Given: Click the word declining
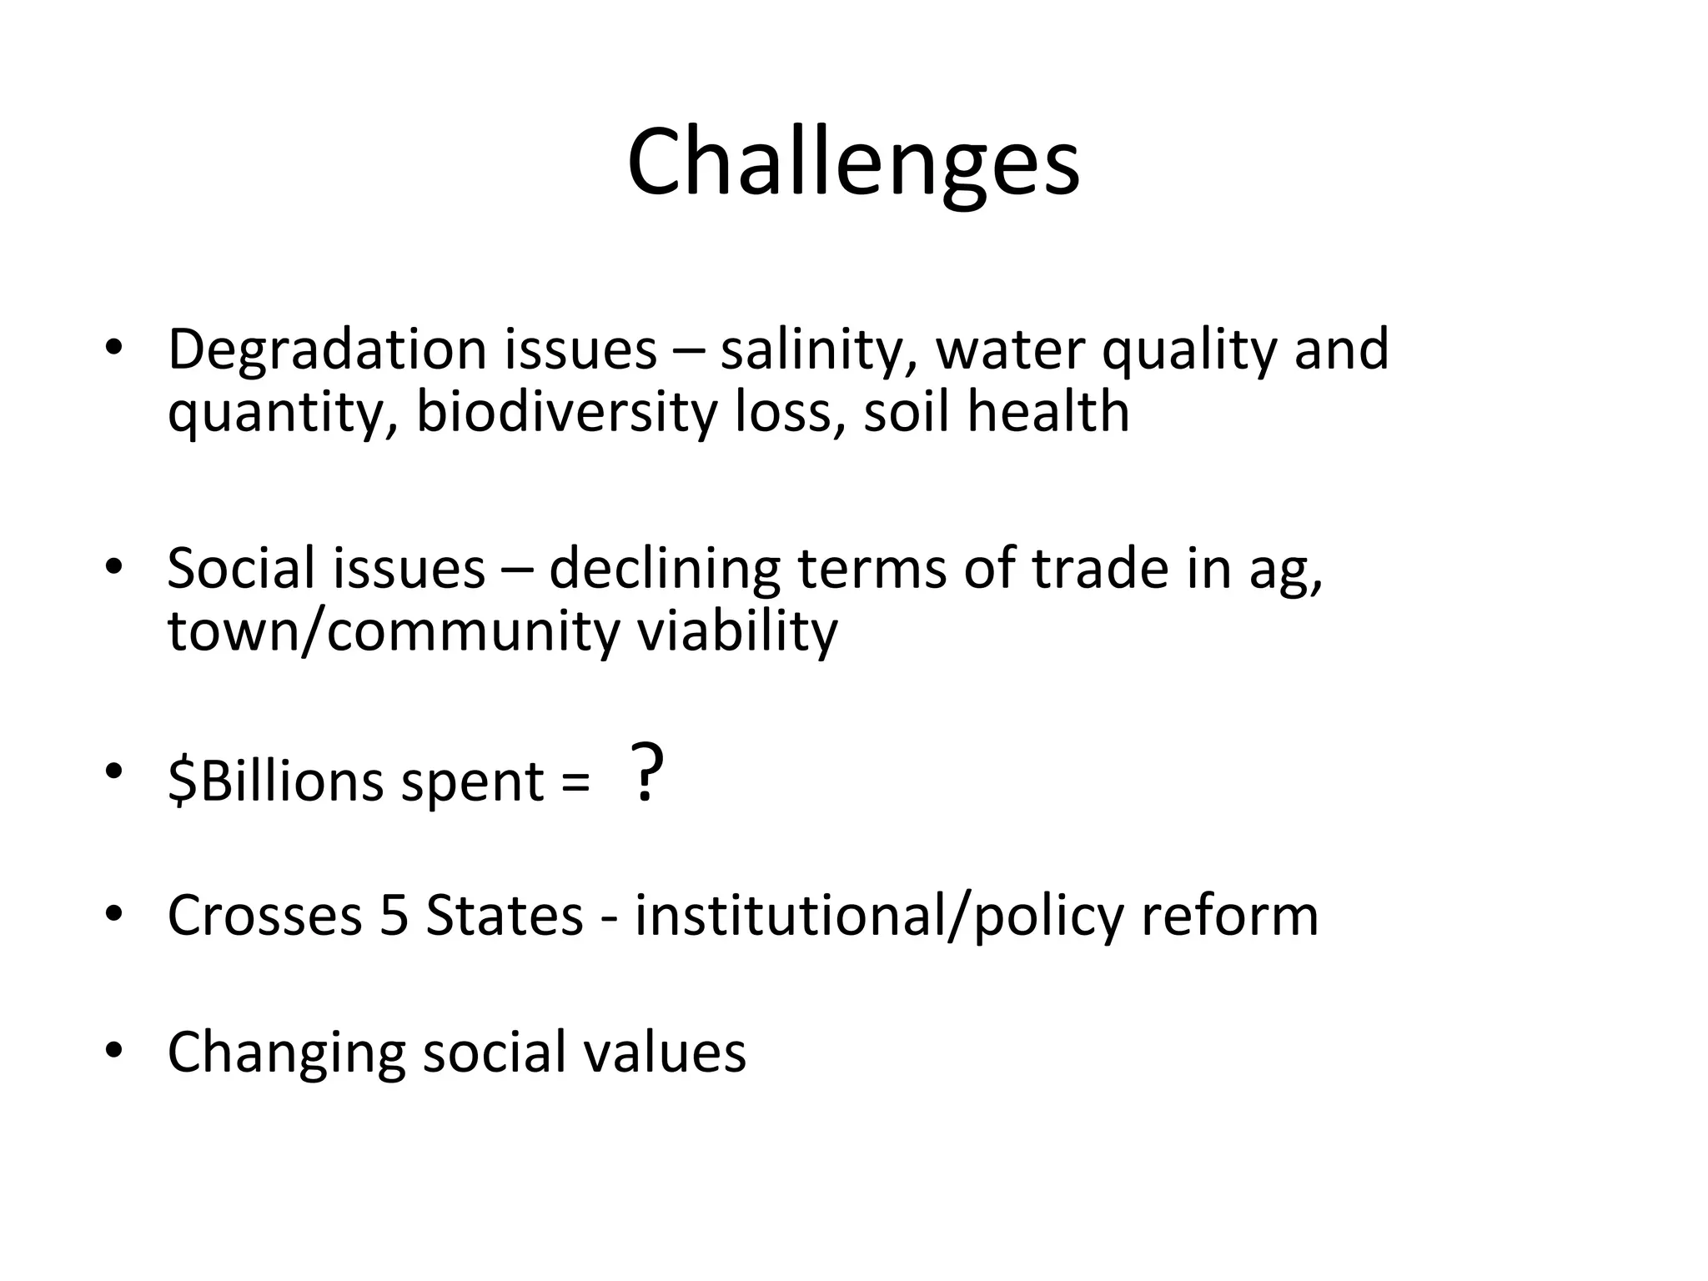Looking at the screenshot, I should (x=664, y=569).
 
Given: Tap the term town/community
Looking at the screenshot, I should (x=394, y=630).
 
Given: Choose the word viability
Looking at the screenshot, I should (x=737, y=630).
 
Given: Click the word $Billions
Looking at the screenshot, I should (x=275, y=782).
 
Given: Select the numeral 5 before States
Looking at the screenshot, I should (x=394, y=916).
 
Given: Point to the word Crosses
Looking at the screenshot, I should (x=264, y=916).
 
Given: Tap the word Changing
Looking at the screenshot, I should (x=286, y=1052).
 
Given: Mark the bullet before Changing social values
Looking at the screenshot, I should (x=114, y=1049).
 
